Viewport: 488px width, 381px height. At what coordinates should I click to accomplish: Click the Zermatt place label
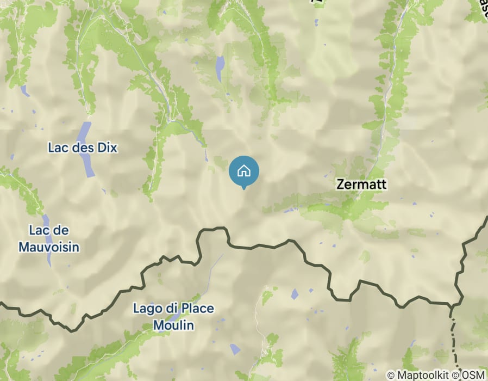361,184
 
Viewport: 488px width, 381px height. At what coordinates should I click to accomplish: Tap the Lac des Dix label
82,148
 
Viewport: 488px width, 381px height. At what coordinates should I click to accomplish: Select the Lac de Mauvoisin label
49,239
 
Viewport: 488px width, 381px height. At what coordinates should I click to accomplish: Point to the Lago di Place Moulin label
173,317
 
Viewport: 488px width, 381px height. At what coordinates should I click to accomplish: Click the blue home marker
244,171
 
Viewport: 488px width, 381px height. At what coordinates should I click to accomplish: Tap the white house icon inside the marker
244,170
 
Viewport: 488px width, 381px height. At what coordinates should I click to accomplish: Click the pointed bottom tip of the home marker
244,188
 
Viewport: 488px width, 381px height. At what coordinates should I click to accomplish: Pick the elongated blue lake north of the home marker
219,69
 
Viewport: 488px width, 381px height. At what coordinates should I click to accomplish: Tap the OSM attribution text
473,375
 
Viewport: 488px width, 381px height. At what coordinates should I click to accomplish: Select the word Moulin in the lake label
173,325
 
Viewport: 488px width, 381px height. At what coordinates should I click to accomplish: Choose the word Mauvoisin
49,247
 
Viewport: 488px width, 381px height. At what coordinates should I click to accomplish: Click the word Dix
108,148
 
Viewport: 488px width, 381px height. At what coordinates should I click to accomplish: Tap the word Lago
146,309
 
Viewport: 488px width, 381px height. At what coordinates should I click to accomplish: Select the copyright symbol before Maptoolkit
391,375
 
